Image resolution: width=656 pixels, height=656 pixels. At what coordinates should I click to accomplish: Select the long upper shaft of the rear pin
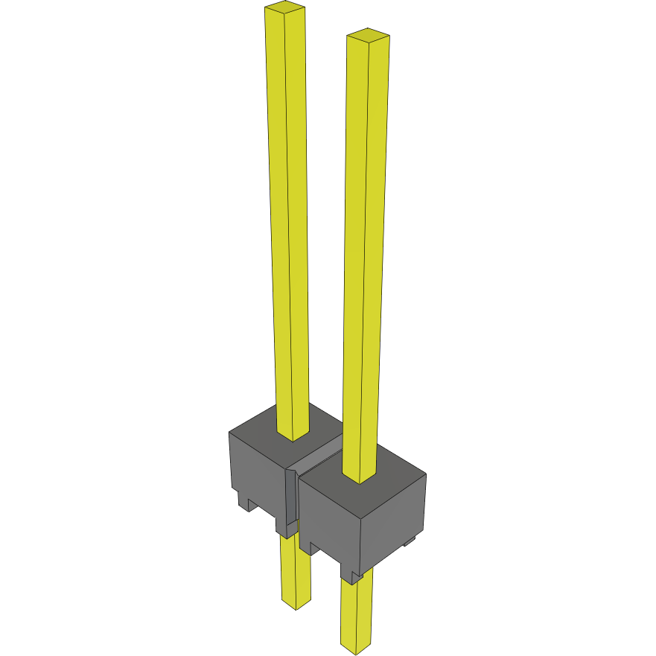pos(288,223)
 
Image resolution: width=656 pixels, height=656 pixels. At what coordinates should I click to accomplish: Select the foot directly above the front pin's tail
pos(350,573)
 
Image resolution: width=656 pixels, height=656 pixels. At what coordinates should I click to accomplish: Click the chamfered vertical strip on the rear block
pos(291,499)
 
